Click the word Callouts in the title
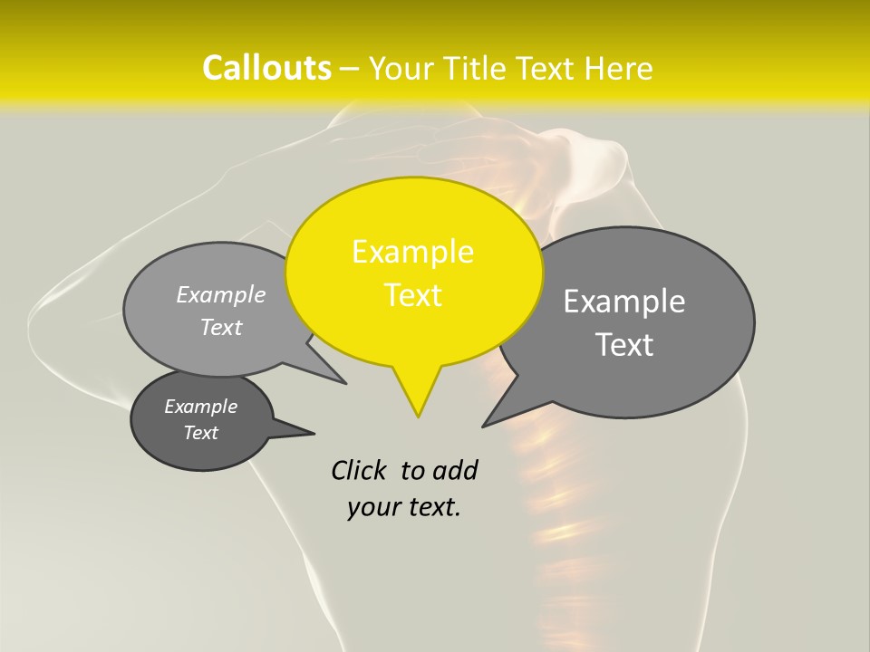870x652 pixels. [266, 68]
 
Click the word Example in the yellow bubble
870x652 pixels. [412, 252]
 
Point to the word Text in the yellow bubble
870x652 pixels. [412, 295]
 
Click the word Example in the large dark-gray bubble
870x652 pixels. [624, 302]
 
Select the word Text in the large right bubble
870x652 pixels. [624, 345]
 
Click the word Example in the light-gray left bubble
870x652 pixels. [221, 294]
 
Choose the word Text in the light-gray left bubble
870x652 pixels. [221, 327]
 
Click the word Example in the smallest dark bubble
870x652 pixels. [200, 407]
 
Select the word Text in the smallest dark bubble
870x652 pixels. [200, 433]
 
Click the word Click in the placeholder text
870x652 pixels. [360, 470]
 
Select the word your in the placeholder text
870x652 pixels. [372, 507]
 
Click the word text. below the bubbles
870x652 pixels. [434, 507]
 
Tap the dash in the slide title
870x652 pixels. [350, 69]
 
